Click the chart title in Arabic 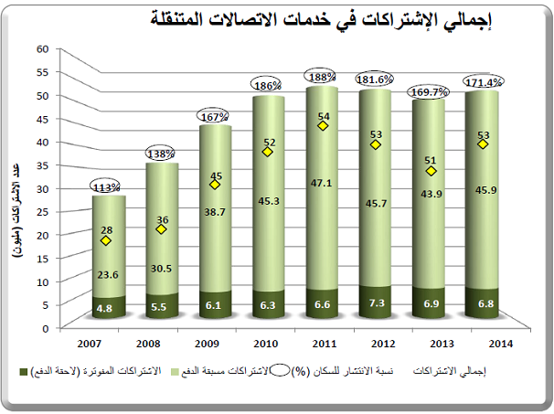coord(316,19)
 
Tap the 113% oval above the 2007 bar coord(108,186)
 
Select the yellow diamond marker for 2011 coord(321,126)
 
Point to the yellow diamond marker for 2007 coord(107,241)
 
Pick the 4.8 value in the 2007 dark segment coord(107,309)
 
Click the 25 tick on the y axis coord(41,211)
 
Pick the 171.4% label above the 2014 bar coord(484,82)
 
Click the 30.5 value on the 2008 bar coord(162,269)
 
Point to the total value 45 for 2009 coord(216,175)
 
